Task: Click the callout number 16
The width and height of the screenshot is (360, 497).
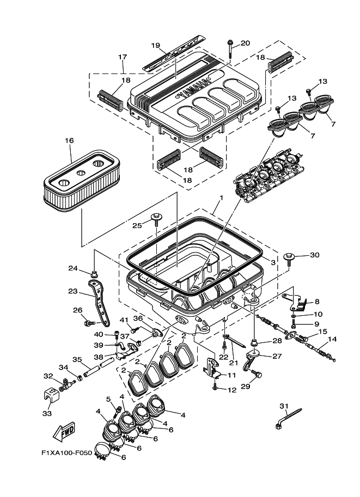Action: [69, 140]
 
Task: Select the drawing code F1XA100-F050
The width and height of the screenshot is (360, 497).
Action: [66, 452]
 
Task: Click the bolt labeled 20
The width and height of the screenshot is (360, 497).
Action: [231, 48]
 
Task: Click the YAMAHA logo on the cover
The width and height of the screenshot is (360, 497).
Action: [193, 90]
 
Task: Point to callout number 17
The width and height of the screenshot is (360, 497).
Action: [122, 57]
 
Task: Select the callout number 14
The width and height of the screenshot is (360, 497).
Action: [332, 339]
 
